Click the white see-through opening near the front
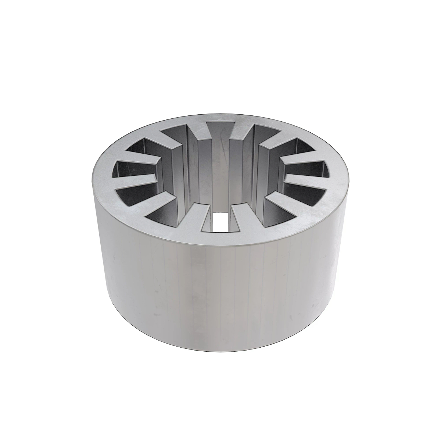click(x=220, y=222)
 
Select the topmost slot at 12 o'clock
click(x=220, y=127)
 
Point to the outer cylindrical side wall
click(x=220, y=294)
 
